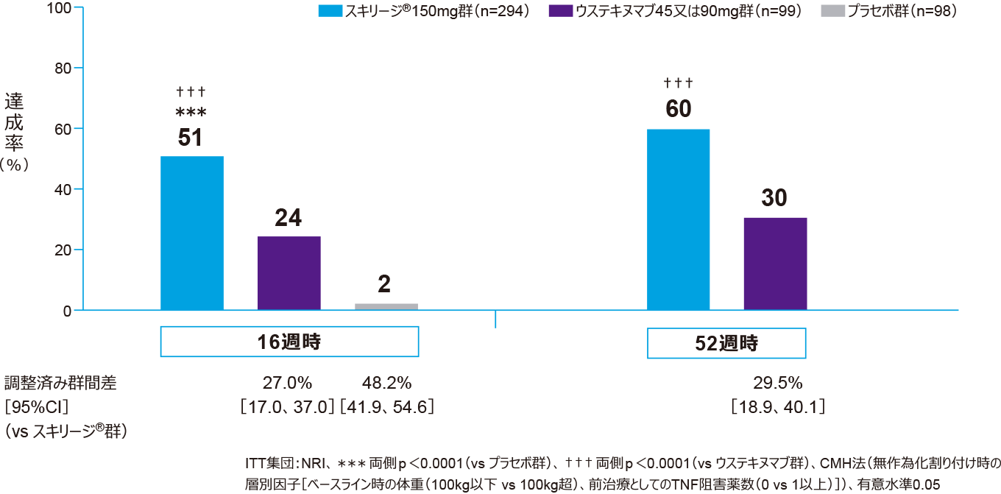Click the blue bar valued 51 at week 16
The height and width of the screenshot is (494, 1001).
click(191, 233)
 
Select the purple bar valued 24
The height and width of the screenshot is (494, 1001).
click(289, 273)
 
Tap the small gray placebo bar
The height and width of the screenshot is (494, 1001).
click(386, 306)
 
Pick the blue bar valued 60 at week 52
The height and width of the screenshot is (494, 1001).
click(678, 219)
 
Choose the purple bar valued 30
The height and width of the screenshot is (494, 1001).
click(775, 264)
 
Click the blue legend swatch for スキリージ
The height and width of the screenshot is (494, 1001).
click(330, 12)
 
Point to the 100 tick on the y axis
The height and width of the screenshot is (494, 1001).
click(60, 8)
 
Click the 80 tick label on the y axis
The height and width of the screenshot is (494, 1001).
click(63, 68)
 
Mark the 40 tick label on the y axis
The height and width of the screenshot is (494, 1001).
click(63, 189)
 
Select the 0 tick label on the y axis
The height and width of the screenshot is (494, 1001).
click(67, 310)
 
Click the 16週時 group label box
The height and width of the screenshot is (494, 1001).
click(289, 342)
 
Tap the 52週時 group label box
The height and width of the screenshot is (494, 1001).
click(726, 343)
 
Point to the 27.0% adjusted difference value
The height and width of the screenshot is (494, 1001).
click(288, 383)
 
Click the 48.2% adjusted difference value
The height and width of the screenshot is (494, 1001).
click(386, 383)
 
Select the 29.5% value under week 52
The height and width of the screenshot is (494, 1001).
click(777, 383)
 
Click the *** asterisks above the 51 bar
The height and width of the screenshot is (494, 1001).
click(191, 113)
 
